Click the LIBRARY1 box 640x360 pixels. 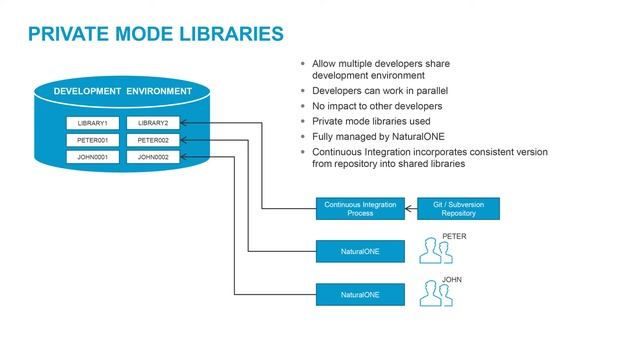point(91,123)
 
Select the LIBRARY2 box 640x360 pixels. point(152,123)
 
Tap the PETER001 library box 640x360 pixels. point(91,140)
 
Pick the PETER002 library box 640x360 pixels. point(152,140)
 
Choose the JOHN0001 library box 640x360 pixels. point(91,157)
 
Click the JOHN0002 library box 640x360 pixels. point(152,157)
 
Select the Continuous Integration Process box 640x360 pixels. point(360,209)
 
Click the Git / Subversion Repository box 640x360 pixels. point(458,209)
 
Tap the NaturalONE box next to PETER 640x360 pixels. point(360,250)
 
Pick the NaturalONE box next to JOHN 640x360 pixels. point(360,295)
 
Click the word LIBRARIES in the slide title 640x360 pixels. point(227,35)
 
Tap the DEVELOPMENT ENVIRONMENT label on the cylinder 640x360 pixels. point(122,92)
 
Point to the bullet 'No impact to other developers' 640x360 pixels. point(376,105)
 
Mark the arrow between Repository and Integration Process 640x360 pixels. point(411,209)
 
